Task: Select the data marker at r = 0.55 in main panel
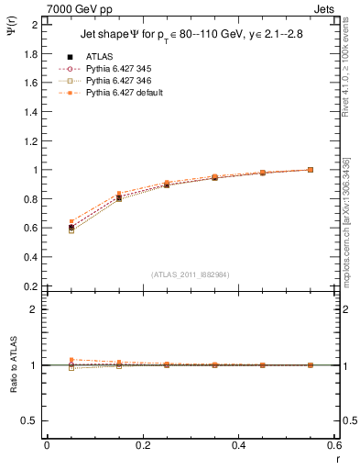(x=311, y=170)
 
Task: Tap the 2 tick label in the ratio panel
(x=34, y=309)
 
